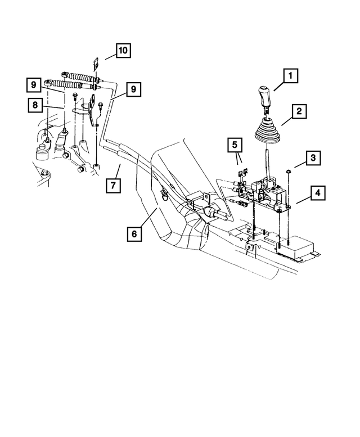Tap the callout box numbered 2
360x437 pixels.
299,111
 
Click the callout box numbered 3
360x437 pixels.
313,158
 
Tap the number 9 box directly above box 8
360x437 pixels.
34,85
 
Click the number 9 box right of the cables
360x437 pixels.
133,89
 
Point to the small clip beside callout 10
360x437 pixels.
97,62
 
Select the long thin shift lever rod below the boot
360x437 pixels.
264,163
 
